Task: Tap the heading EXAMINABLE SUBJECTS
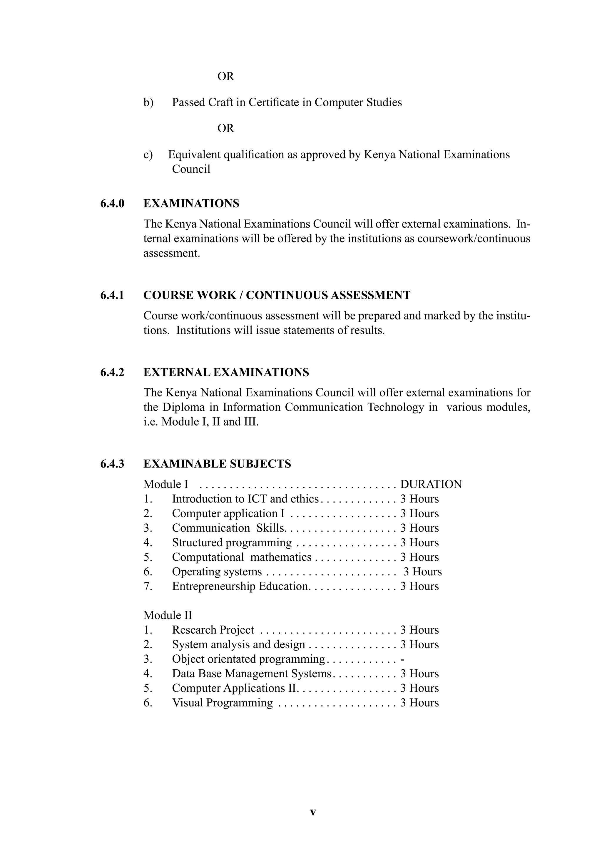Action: click(x=217, y=464)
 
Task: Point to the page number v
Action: click(x=313, y=812)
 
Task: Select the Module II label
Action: click(x=168, y=615)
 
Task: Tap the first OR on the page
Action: click(x=225, y=76)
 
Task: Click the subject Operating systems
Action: click(x=217, y=572)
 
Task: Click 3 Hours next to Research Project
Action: click(x=419, y=630)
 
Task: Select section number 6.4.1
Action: click(x=112, y=295)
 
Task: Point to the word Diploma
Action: click(x=183, y=407)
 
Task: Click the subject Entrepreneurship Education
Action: click(x=240, y=586)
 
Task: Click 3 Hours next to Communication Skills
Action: click(x=419, y=528)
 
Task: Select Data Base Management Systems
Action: click(x=251, y=674)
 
